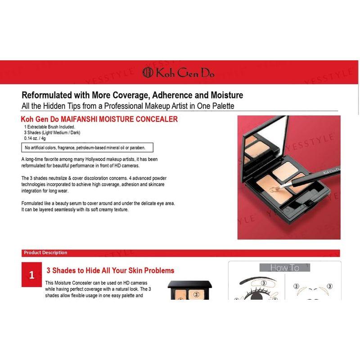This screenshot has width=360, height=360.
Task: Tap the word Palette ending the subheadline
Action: point(222,105)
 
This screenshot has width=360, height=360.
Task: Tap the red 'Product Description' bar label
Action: point(45,253)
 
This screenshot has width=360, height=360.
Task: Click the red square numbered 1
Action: point(31,275)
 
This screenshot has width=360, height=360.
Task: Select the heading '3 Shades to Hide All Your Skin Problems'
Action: point(110,270)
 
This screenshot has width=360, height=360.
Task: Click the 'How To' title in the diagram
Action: point(284,268)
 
